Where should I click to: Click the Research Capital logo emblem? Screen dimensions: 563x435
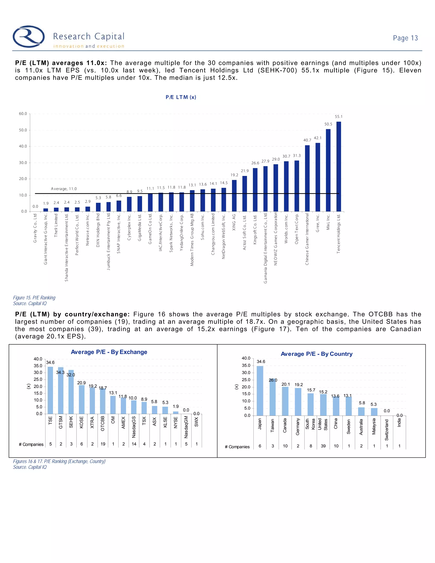pos(29,36)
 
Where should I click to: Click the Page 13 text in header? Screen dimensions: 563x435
pos(405,38)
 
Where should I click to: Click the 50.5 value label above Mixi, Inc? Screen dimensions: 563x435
pos(328,124)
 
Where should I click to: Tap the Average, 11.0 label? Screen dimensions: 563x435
pos(64,189)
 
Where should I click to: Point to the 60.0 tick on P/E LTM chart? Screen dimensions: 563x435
pos(23,114)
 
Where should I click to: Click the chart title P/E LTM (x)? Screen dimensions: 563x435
pos(181,97)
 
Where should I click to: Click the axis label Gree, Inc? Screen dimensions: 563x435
pos(318,223)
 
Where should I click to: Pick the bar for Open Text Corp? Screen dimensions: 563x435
pos(297,186)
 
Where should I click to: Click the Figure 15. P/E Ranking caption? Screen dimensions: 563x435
pos(34,298)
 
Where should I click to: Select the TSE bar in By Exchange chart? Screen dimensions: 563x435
pos(50,390)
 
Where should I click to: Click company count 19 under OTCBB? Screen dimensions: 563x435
pos(103,444)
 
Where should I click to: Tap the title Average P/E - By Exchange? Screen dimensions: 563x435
pos(109,352)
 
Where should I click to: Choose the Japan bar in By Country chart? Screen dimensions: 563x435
pos(260,390)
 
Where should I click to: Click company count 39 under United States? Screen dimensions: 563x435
pos(323,446)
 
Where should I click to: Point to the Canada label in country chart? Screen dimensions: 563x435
pos(285,425)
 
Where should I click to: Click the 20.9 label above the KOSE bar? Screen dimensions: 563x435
pos(81,383)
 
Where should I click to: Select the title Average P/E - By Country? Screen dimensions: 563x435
pos(316,354)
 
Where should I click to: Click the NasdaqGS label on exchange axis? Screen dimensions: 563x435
pos(134,427)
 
